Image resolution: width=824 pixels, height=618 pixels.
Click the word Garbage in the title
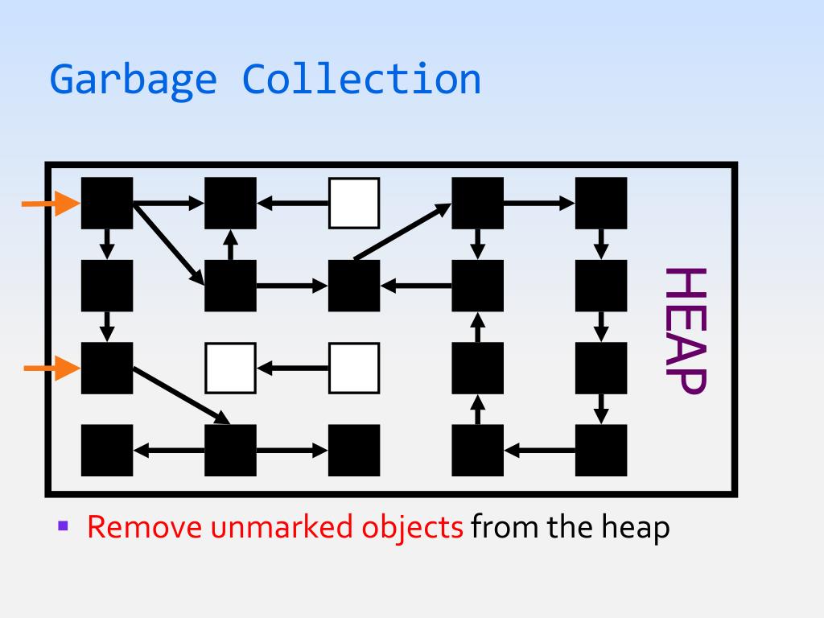click(133, 80)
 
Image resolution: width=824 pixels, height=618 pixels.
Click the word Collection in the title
click(362, 80)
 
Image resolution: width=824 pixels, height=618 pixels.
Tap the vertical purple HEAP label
click(685, 331)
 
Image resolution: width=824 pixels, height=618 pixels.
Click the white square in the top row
click(354, 204)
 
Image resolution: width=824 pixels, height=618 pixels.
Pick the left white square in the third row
click(230, 369)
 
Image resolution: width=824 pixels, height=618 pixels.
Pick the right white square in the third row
click(354, 369)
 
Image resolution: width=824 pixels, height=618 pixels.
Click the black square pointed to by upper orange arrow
click(107, 204)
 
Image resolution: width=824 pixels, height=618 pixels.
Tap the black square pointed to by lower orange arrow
click(107, 369)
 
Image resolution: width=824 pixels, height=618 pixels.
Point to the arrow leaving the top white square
click(293, 204)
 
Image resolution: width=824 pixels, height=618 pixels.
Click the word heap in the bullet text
click(635, 528)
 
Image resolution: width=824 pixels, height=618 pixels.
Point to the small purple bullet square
click(64, 527)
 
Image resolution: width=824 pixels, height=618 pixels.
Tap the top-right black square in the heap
click(601, 204)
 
